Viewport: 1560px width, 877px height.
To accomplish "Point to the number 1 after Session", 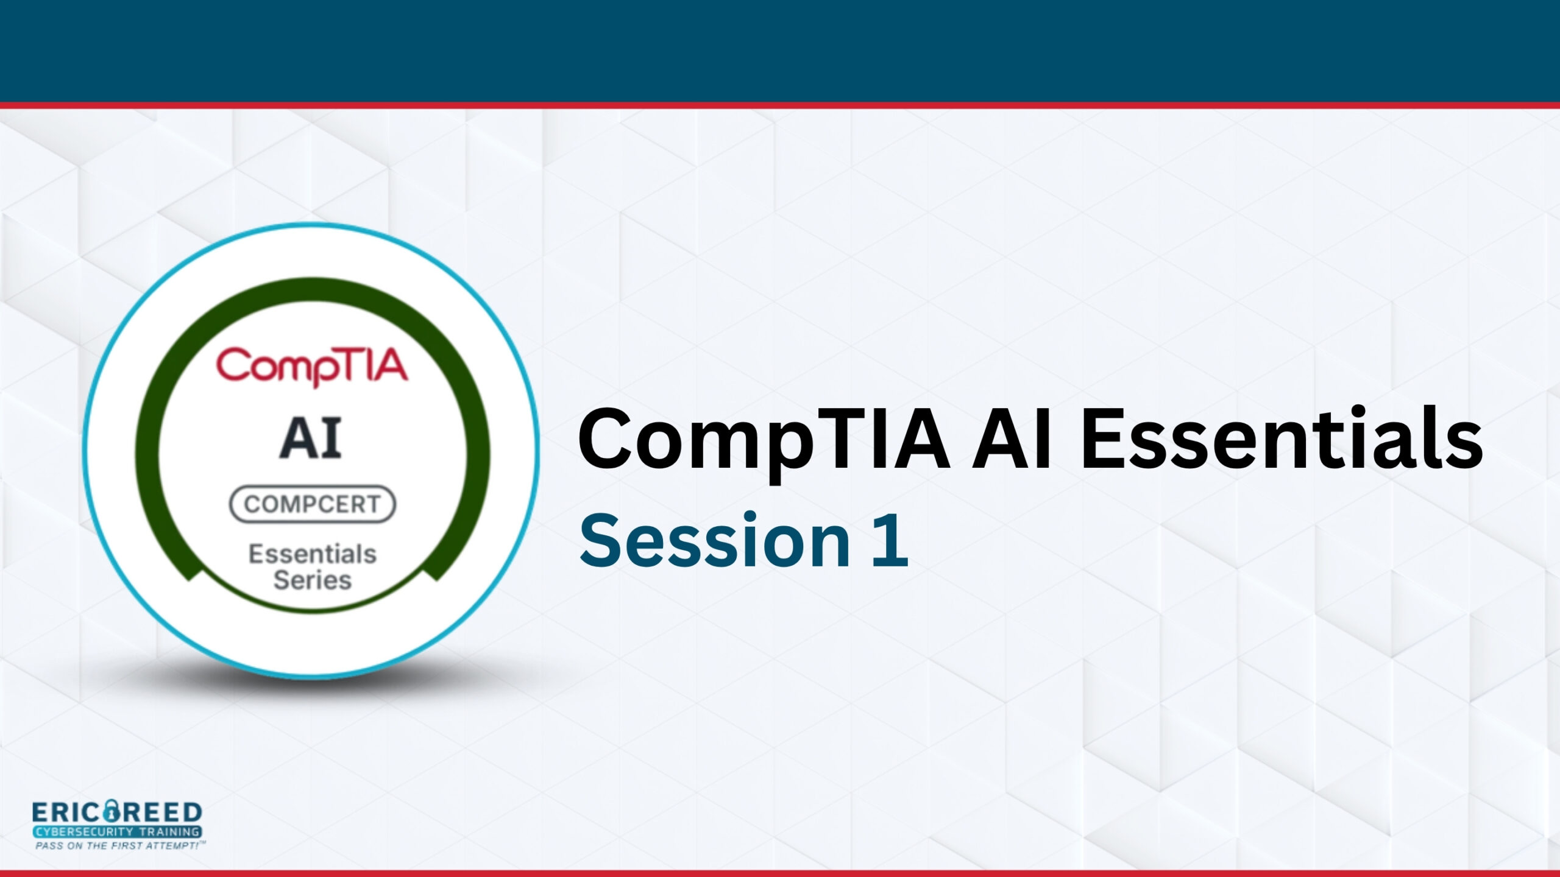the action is point(891,541).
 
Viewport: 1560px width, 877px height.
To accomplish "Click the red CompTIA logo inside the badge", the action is point(312,366).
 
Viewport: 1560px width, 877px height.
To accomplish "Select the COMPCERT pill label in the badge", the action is point(313,504).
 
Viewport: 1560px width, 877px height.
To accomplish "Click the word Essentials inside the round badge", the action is point(313,554).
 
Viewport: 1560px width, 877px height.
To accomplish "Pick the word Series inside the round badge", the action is point(313,580).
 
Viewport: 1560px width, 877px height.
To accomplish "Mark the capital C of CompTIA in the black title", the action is point(606,438).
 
